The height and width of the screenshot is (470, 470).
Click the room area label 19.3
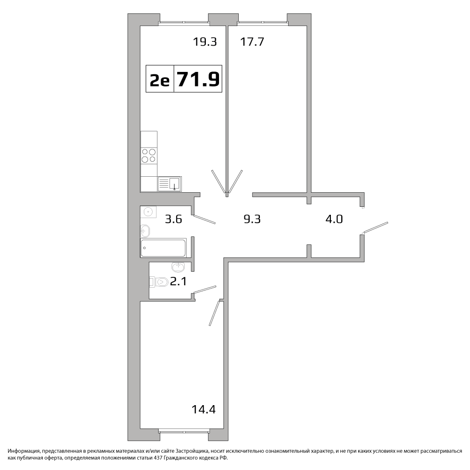click(x=205, y=42)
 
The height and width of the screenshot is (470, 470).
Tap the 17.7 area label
click(x=252, y=42)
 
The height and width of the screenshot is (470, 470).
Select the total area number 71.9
click(x=198, y=79)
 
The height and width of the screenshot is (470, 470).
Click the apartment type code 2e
click(x=160, y=80)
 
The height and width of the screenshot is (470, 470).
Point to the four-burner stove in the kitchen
click(x=149, y=156)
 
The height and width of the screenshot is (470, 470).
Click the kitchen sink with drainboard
click(x=170, y=184)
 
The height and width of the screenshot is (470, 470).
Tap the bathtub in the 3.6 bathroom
click(x=164, y=248)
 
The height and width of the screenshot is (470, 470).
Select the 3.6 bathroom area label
click(x=173, y=219)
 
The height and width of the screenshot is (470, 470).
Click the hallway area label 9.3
click(x=252, y=219)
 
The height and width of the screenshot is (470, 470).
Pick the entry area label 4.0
click(x=334, y=219)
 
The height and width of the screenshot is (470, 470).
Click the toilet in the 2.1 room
click(x=159, y=282)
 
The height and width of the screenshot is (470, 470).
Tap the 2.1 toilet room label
click(x=178, y=282)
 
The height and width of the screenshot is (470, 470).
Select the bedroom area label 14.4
click(x=204, y=409)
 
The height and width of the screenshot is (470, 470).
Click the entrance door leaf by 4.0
click(x=376, y=227)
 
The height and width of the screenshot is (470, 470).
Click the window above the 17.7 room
click(x=263, y=22)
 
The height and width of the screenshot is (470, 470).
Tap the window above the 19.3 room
click(x=184, y=22)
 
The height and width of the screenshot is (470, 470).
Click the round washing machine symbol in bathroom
click(x=148, y=212)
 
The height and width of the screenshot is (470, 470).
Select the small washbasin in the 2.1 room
click(x=178, y=266)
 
